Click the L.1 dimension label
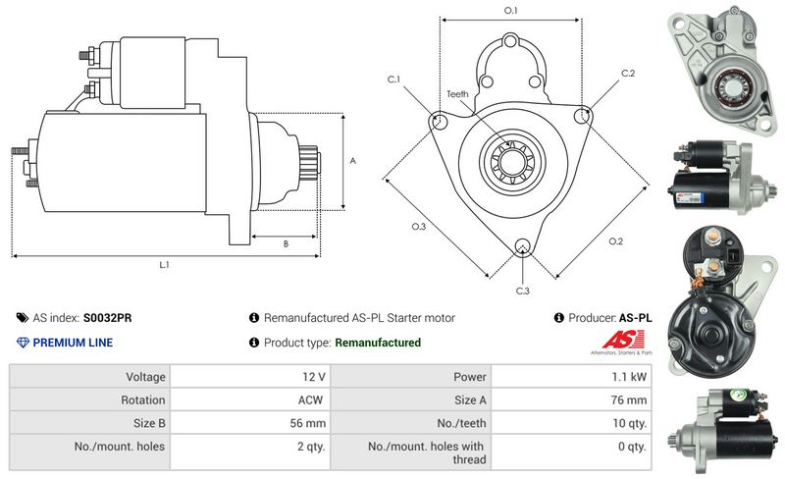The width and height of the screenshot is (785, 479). [x=165, y=264]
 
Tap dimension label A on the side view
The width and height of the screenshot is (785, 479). [x=352, y=161]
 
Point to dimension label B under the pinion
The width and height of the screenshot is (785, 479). [x=286, y=244]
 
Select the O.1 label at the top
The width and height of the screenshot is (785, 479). [x=510, y=10]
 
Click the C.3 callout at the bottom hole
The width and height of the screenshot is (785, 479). [x=523, y=291]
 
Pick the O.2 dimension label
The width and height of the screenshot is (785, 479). [x=615, y=241]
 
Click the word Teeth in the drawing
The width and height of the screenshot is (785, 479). [x=457, y=94]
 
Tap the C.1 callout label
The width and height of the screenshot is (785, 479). [x=393, y=79]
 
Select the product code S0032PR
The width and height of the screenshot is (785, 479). [x=109, y=318]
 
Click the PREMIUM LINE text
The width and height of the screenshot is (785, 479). [x=73, y=343]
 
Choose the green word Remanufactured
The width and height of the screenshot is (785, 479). [x=378, y=343]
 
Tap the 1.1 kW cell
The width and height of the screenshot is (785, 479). [x=631, y=376]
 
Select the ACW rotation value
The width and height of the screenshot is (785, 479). [x=312, y=399]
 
